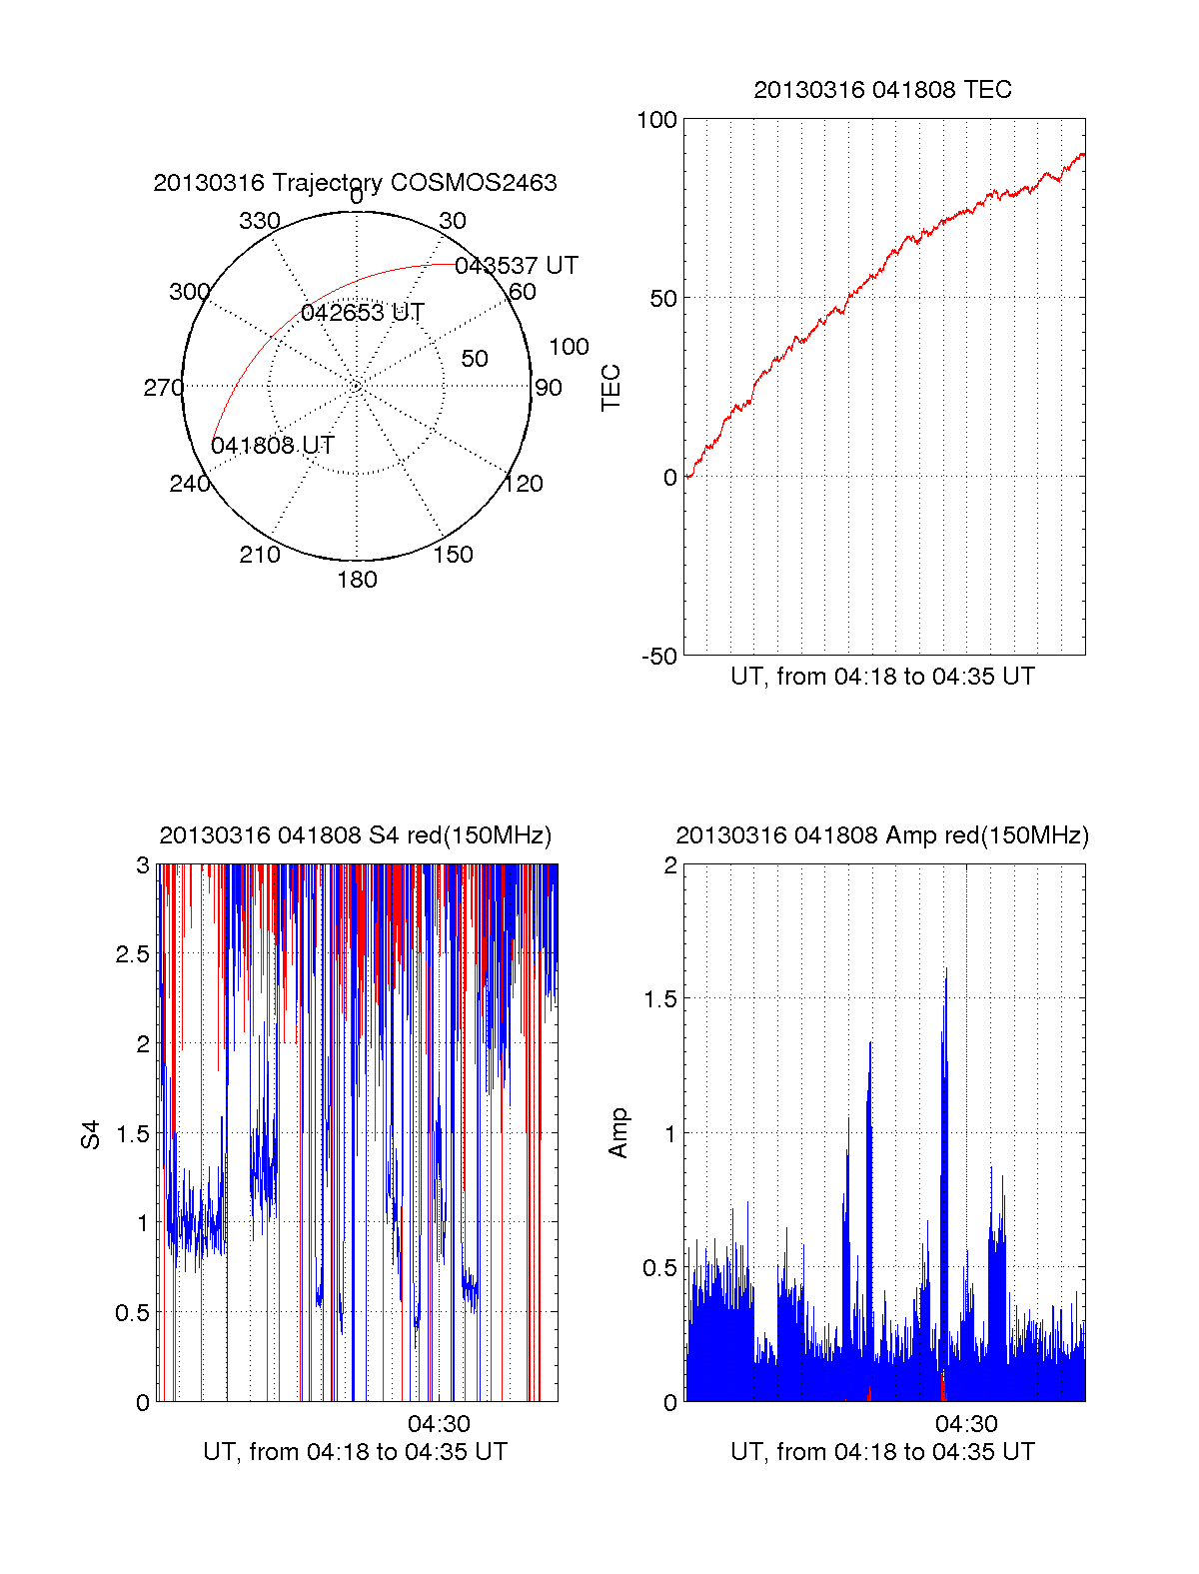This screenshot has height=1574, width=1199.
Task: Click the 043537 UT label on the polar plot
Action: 516,266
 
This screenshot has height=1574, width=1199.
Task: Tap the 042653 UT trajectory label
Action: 362,313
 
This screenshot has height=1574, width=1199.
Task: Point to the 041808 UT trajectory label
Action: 272,446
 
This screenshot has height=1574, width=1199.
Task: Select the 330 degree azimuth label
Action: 259,221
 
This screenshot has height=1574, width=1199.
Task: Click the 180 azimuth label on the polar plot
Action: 357,580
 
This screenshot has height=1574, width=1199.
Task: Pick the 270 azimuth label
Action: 163,388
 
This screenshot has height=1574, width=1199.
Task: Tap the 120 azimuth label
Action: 524,484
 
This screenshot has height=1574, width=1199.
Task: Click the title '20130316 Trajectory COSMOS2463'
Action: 355,183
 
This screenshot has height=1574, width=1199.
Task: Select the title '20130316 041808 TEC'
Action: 882,90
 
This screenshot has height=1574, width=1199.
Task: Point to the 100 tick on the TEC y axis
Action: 656,120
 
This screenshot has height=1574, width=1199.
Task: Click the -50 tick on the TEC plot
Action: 658,657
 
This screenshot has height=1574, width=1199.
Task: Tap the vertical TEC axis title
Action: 610,388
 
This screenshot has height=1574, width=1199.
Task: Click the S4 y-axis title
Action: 90,1134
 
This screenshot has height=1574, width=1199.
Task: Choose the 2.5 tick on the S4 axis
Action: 132,954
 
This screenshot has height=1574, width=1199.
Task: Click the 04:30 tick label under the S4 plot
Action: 439,1423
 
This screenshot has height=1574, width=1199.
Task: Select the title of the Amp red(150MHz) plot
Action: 882,835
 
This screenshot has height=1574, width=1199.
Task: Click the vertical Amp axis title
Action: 618,1133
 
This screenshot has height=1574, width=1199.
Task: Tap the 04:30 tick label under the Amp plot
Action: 966,1423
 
